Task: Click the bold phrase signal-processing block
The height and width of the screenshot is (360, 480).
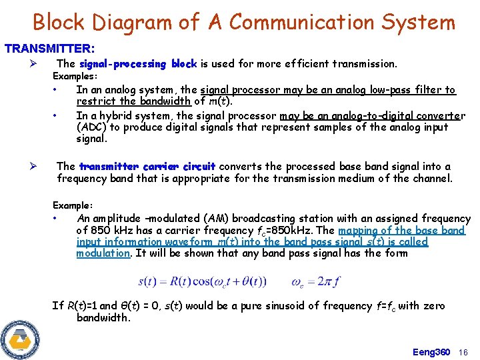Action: (x=137, y=64)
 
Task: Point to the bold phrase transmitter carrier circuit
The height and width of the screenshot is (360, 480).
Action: (x=147, y=167)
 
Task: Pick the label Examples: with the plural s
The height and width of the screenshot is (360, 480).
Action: (x=75, y=77)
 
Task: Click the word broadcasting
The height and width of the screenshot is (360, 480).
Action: (x=237, y=219)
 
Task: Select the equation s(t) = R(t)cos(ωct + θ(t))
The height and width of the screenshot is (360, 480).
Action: (x=202, y=281)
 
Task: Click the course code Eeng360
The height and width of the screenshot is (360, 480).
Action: (x=431, y=352)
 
